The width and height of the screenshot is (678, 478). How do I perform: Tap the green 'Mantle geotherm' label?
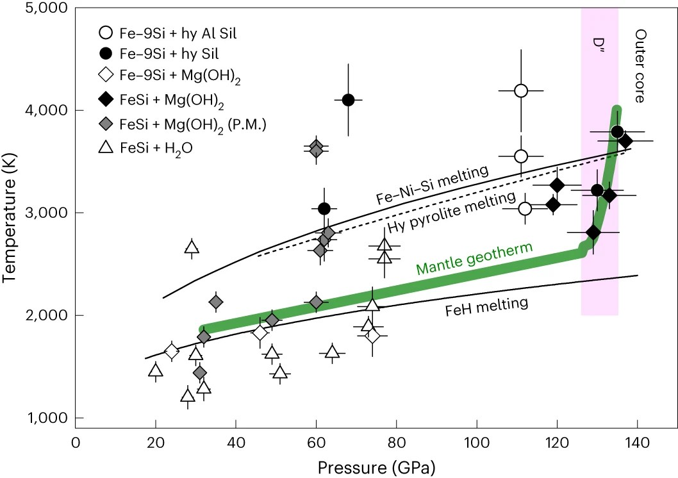tap(475, 258)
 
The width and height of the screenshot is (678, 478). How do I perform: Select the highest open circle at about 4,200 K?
tap(521, 90)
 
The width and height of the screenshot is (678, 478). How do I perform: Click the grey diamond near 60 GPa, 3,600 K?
tap(316, 150)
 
